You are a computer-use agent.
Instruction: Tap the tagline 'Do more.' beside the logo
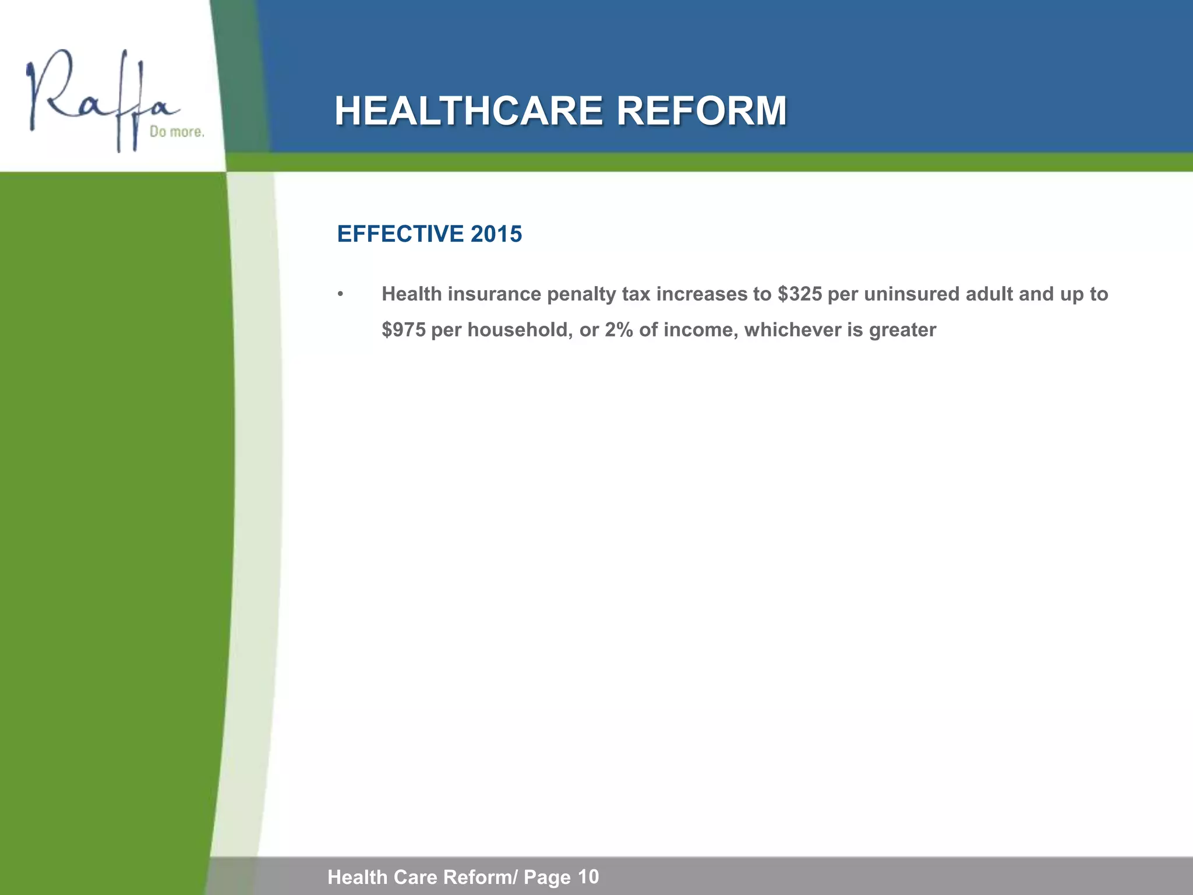(x=177, y=132)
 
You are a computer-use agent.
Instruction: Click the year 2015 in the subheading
(x=496, y=234)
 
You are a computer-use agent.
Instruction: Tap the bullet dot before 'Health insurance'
(x=341, y=294)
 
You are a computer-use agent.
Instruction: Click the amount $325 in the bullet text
(x=799, y=294)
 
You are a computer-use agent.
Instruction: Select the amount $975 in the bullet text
(x=403, y=330)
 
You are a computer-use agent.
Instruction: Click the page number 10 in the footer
(x=589, y=876)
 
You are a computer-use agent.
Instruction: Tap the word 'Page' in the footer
(x=548, y=877)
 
